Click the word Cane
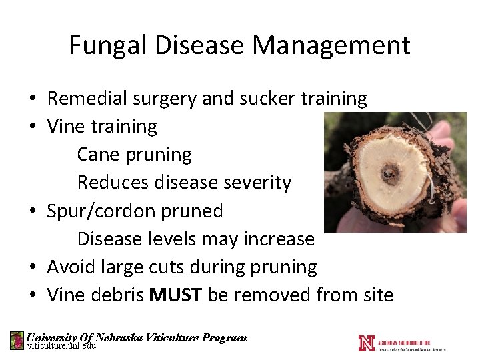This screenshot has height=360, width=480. pos(99,155)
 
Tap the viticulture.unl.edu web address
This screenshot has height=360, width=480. pos(61,346)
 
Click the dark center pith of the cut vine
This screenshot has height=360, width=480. pos(387,175)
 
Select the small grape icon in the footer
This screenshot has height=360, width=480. pos(17,340)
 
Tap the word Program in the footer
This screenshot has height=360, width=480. pos(225,337)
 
